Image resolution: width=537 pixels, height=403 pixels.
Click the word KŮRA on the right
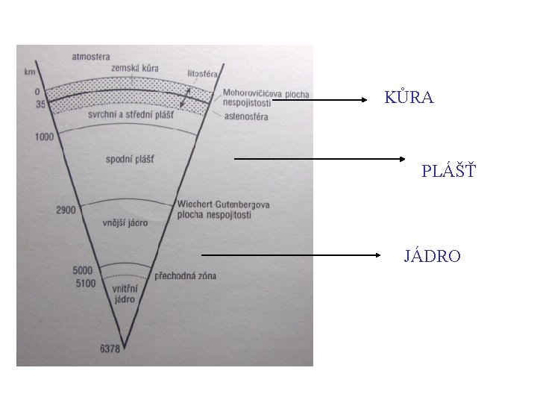pyautogui.click(x=409, y=98)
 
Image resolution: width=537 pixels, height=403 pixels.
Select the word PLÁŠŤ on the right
pyautogui.click(x=448, y=172)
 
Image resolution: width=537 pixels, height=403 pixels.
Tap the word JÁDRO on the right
pyautogui.click(x=432, y=257)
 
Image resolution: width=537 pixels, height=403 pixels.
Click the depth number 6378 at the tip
pyautogui.click(x=110, y=347)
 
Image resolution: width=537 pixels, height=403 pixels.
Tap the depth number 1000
pyautogui.click(x=45, y=137)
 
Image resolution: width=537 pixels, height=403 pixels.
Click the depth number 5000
pyautogui.click(x=84, y=271)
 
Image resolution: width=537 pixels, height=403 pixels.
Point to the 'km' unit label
pyautogui.click(x=29, y=72)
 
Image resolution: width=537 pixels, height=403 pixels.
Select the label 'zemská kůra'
pyautogui.click(x=135, y=69)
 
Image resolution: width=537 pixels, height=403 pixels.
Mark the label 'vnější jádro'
pyautogui.click(x=125, y=222)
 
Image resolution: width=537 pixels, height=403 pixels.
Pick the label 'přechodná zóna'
pyautogui.click(x=185, y=276)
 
